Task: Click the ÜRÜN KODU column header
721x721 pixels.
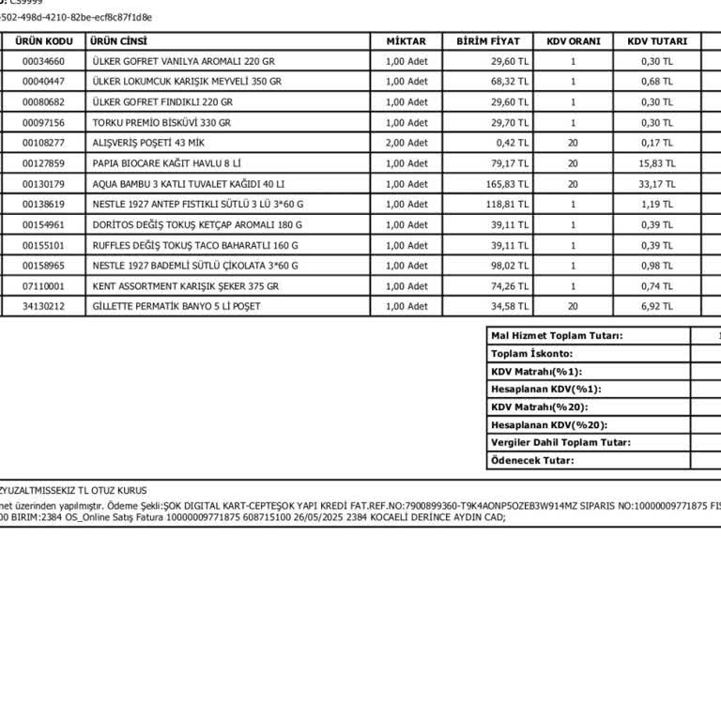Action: coord(46,41)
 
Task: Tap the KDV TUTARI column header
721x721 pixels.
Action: coord(657,41)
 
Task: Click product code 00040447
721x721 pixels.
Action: coord(44,82)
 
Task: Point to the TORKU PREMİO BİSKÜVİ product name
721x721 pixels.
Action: coord(161,123)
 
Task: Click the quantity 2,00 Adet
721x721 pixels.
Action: coord(407,143)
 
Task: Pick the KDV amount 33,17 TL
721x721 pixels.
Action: coord(657,184)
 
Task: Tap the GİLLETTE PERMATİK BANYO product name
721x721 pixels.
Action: coord(176,307)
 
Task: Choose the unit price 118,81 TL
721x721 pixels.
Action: coord(507,205)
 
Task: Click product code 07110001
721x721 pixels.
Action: coord(44,286)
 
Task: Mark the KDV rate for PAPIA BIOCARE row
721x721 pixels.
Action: coord(573,163)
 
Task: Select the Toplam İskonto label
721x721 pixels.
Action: coord(531,354)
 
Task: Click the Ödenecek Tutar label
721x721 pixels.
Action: coord(532,460)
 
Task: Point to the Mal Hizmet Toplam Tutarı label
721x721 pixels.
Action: coord(557,336)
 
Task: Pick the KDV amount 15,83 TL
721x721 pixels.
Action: coord(657,163)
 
